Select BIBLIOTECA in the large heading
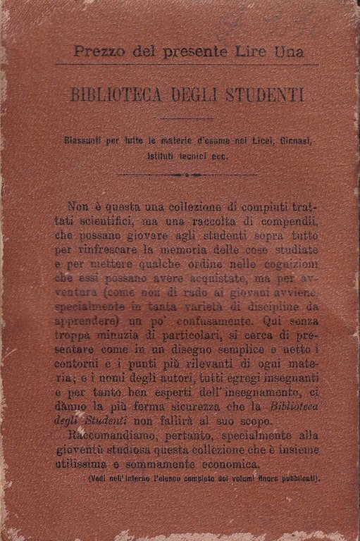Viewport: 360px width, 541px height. pos(120,95)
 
